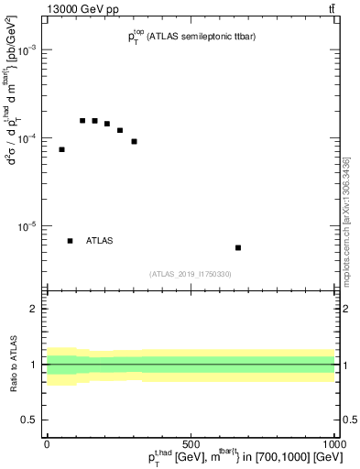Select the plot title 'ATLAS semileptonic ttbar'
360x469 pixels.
pyautogui.click(x=186, y=38)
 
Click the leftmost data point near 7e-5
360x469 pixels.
pyautogui.click(x=61, y=149)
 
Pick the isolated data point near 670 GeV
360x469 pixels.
pyautogui.click(x=238, y=247)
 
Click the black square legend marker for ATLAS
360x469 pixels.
pyautogui.click(x=70, y=241)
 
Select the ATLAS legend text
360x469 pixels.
pyautogui.click(x=99, y=241)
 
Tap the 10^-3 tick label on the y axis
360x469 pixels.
pyautogui.click(x=27, y=51)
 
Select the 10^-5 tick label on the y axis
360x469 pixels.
pyautogui.click(x=27, y=226)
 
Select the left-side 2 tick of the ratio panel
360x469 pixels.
pyautogui.click(x=36, y=309)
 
